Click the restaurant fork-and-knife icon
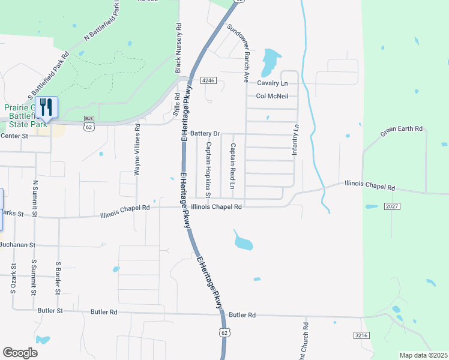(x=46, y=107)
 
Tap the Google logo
(x=20, y=353)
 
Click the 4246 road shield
(x=208, y=80)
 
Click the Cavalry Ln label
(x=273, y=83)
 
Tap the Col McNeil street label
(x=272, y=96)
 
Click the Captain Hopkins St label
(x=208, y=170)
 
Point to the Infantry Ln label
(x=295, y=140)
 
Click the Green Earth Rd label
(x=402, y=133)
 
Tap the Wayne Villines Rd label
(x=137, y=150)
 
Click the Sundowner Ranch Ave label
(x=238, y=53)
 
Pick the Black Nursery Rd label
(x=178, y=48)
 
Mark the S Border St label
(x=58, y=278)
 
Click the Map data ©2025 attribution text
(x=423, y=355)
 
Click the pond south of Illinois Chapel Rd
(x=243, y=241)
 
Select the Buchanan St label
(x=18, y=245)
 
